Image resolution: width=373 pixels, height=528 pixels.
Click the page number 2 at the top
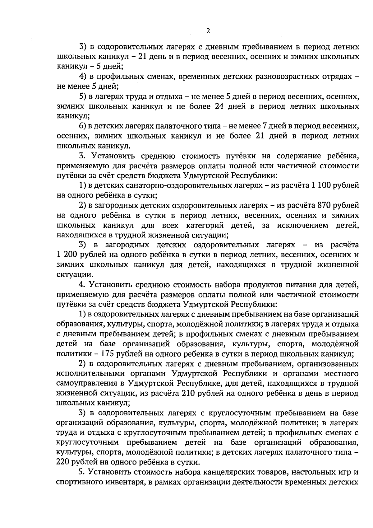tap(208, 31)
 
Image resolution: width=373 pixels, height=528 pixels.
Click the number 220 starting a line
tap(63, 462)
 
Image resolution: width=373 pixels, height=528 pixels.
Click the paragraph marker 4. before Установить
tap(82, 284)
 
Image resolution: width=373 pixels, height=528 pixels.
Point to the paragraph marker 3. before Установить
tap(82, 156)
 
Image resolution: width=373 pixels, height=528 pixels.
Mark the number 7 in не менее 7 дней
tap(266, 126)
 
